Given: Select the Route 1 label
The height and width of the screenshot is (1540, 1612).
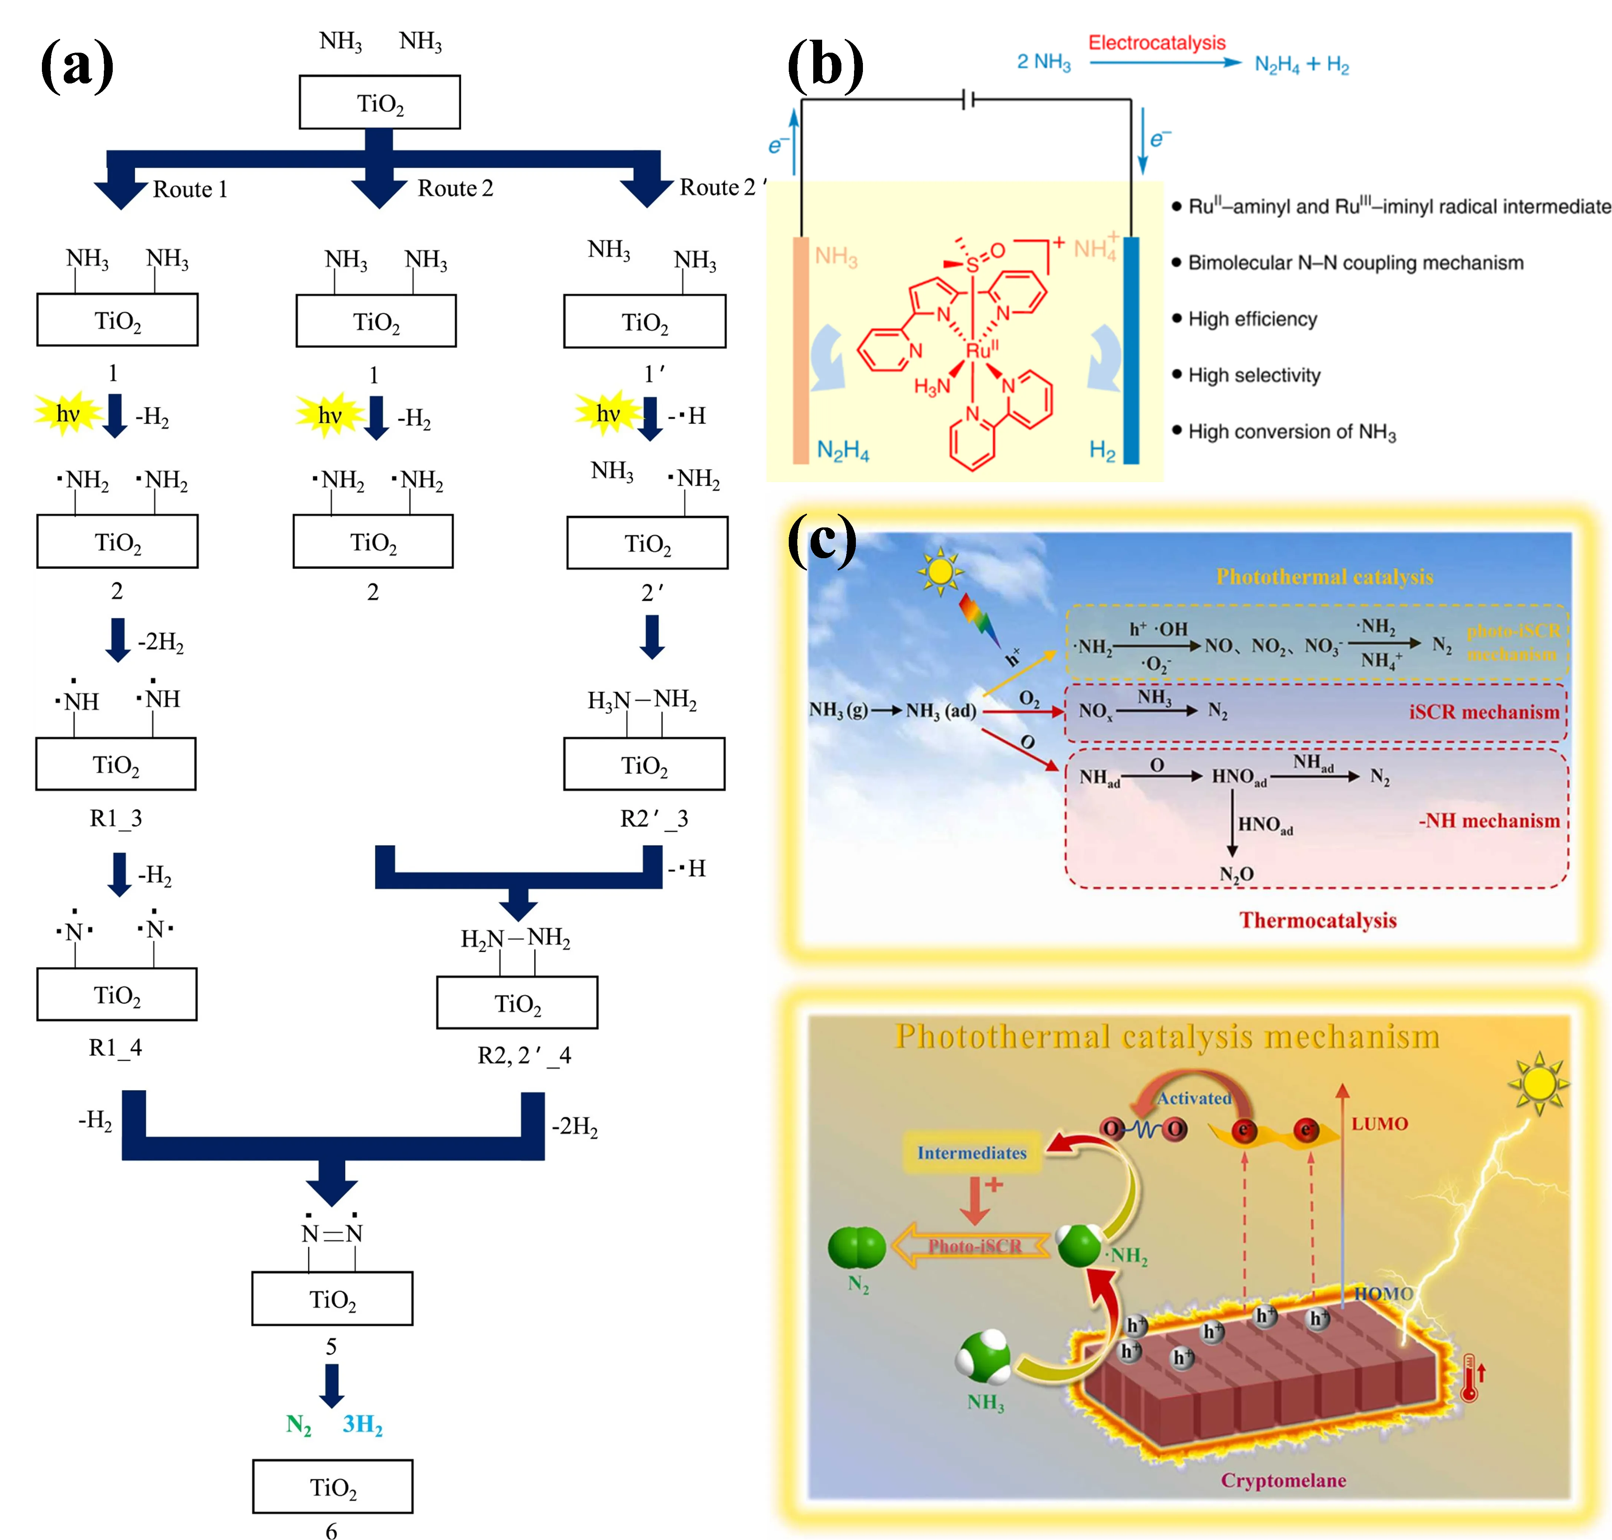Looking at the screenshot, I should (x=189, y=190).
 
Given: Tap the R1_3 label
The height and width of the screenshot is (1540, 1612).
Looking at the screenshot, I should (x=116, y=819).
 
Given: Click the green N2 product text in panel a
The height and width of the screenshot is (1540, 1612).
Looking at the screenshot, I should (x=299, y=1425).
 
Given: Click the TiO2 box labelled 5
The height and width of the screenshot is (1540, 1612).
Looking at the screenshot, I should (x=332, y=1299).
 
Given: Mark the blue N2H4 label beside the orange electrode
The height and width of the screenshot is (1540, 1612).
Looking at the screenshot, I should (x=843, y=450).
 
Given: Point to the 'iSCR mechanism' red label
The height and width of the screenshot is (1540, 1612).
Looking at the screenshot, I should (x=1484, y=712).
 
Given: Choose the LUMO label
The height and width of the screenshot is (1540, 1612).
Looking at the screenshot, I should (x=1380, y=1124).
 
